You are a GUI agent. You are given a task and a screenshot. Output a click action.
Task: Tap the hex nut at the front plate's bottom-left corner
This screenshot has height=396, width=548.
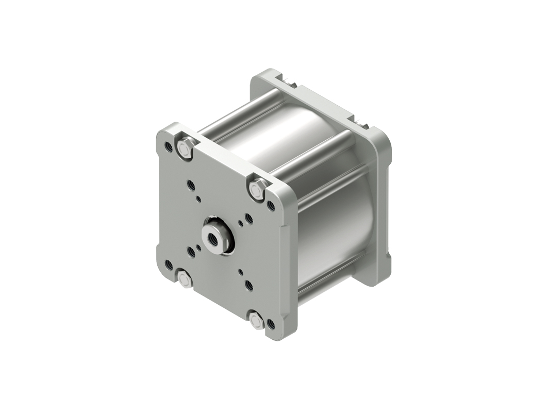coord(185,280)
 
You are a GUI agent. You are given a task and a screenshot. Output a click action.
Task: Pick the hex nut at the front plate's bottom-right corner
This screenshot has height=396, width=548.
coord(256,321)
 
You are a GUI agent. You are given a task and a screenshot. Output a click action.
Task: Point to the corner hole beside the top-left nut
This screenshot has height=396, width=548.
coord(168,146)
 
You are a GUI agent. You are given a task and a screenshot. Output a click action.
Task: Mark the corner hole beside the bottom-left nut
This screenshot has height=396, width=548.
coord(168,265)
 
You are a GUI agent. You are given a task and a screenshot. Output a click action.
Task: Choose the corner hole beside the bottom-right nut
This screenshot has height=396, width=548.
coord(271,324)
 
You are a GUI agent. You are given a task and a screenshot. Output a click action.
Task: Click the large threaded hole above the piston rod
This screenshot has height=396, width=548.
coord(191,184)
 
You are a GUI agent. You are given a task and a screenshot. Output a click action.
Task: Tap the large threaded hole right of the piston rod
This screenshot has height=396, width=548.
coord(249,219)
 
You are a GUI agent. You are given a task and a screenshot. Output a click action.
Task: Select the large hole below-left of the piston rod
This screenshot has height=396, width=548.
coord(191,252)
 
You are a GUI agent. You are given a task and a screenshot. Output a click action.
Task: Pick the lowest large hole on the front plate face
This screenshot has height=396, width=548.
coord(249,285)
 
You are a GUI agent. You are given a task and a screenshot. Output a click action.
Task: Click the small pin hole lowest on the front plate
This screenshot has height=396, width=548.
coord(241,271)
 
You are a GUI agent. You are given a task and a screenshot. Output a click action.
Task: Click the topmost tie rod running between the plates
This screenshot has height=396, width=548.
coord(242,110)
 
